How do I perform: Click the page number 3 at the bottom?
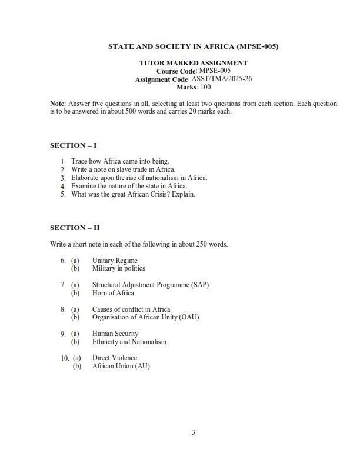pyautogui.click(x=193, y=433)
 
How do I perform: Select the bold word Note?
pyautogui.click(x=57, y=104)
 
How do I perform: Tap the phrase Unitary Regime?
pyautogui.click(x=115, y=260)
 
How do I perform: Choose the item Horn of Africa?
pyautogui.click(x=113, y=293)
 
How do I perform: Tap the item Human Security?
pyautogui.click(x=115, y=334)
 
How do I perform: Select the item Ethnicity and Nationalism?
pyautogui.click(x=129, y=342)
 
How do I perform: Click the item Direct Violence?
pyautogui.click(x=114, y=358)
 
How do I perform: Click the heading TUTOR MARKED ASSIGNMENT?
pyautogui.click(x=193, y=62)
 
